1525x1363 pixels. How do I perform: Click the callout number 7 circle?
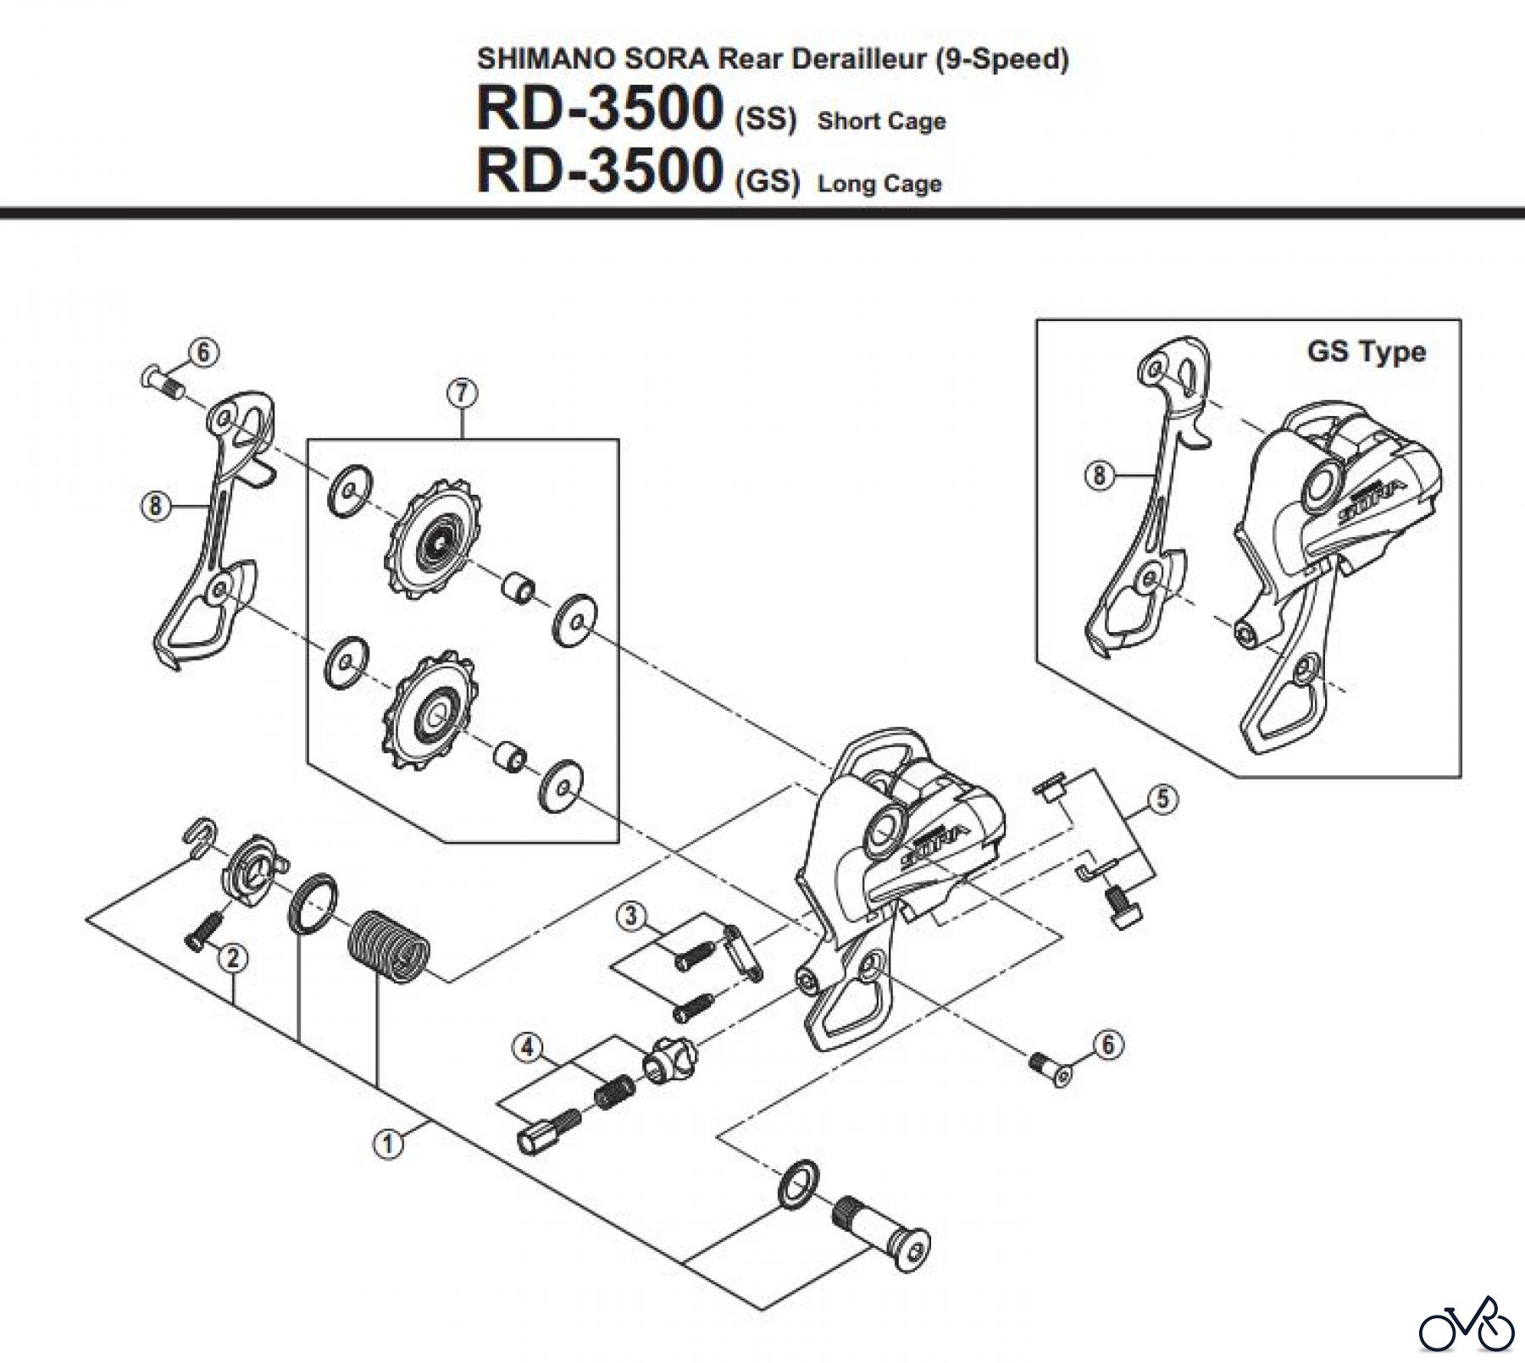click(x=463, y=394)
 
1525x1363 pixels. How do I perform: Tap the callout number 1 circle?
click(x=387, y=1144)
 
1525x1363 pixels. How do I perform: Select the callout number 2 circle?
click(x=233, y=958)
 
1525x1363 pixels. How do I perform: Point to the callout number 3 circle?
click(x=629, y=917)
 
